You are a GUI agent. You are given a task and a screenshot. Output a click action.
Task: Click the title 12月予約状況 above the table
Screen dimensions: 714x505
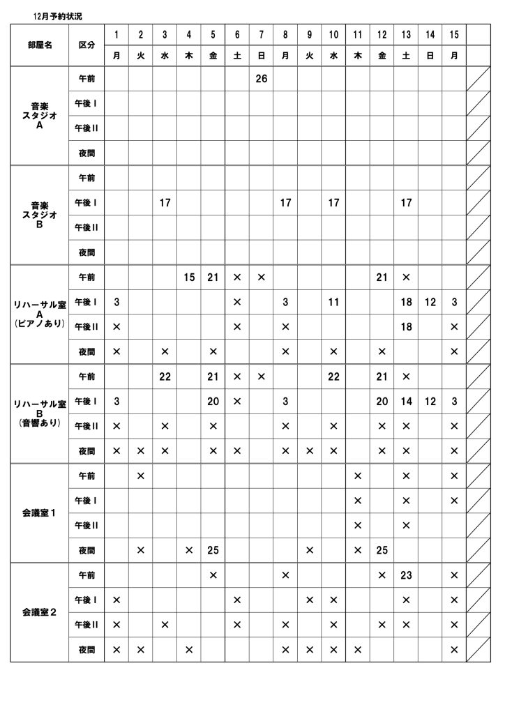(56, 15)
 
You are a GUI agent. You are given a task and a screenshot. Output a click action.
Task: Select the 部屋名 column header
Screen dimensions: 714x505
(39, 44)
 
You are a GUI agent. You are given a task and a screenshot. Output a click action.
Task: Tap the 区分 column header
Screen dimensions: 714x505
(86, 44)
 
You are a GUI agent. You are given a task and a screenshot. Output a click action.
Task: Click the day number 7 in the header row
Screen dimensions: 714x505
(261, 34)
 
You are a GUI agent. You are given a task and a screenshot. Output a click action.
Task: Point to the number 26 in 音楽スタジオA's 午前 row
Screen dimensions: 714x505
(261, 79)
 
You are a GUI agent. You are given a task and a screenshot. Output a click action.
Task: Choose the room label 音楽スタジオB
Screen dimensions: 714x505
(39, 215)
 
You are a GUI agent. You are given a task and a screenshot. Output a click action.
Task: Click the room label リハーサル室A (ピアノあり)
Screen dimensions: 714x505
(39, 314)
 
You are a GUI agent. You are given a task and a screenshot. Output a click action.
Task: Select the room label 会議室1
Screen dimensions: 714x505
(39, 513)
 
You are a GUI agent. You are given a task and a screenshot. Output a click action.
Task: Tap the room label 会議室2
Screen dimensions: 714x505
(39, 612)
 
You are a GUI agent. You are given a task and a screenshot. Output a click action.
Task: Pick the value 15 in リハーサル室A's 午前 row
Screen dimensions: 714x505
(189, 278)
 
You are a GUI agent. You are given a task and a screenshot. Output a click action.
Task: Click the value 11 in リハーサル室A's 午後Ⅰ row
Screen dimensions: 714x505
(333, 302)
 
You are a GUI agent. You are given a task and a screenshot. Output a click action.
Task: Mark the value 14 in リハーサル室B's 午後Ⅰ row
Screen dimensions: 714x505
(406, 401)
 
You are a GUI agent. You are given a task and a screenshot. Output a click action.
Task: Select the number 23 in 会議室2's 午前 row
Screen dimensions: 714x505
(406, 575)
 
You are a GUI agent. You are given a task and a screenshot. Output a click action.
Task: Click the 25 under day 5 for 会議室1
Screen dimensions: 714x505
(213, 550)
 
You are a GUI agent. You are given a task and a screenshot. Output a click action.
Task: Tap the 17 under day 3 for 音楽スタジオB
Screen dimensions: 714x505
(165, 203)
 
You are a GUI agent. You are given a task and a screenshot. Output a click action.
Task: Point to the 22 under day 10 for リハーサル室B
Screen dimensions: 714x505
(333, 377)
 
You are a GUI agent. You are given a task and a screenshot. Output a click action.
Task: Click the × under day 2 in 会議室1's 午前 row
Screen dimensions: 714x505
(140, 476)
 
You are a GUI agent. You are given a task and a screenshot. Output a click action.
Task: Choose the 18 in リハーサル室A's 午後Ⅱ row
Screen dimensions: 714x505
(406, 326)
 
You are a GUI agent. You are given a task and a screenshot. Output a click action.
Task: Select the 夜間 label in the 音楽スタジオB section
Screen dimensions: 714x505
(86, 252)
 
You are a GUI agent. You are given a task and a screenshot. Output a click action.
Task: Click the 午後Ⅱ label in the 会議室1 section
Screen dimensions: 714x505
(86, 525)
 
